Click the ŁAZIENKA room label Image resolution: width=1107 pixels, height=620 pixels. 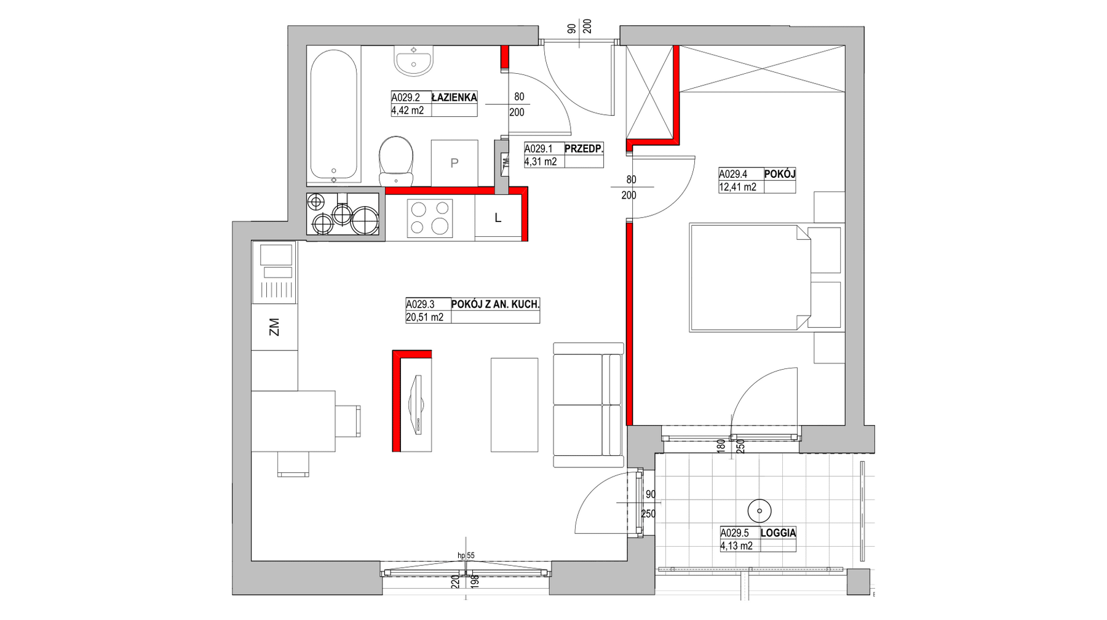tap(454, 97)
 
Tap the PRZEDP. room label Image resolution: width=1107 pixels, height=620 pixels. tap(584, 148)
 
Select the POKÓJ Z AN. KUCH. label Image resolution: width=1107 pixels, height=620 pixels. tap(495, 304)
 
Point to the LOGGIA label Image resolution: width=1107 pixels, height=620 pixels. tap(778, 533)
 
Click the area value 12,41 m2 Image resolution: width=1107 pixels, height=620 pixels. tap(738, 187)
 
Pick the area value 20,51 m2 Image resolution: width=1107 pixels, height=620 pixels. tap(424, 317)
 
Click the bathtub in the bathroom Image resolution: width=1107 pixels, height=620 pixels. tap(333, 116)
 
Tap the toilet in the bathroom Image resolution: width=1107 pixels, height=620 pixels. tap(396, 161)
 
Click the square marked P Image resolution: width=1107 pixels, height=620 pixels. tap(454, 163)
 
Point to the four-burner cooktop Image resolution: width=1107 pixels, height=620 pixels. tap(429, 218)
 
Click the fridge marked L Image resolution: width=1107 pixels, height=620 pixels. tap(498, 218)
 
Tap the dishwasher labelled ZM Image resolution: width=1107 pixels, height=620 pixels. tap(274, 327)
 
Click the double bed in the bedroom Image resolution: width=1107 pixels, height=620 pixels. tap(750, 278)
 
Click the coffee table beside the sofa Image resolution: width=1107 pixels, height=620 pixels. tap(514, 405)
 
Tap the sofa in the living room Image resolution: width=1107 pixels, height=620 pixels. tap(589, 405)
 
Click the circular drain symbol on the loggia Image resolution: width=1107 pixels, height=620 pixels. tap(760, 511)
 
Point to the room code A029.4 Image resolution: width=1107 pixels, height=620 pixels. tap(733, 174)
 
